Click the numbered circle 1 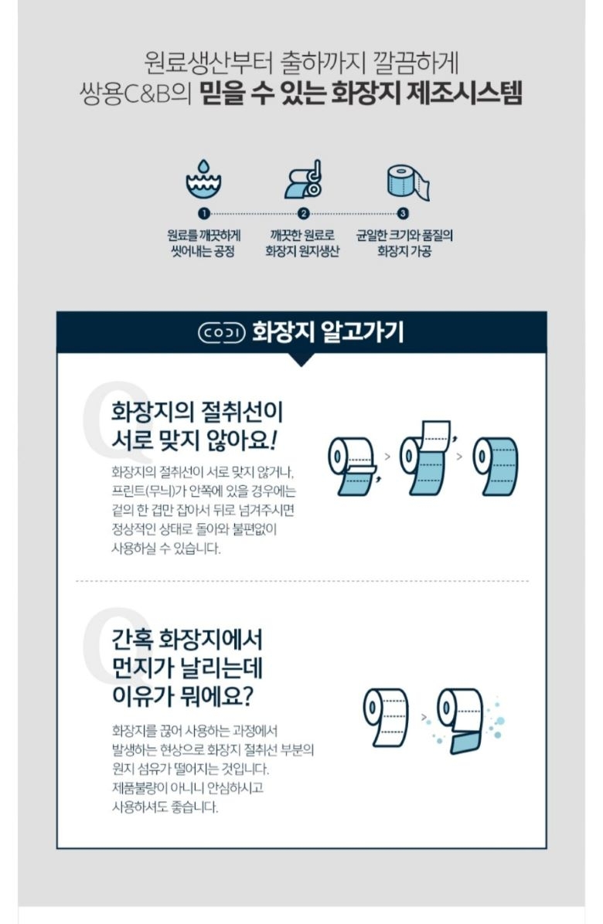(203, 213)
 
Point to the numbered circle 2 (303, 213)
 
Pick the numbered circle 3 (404, 213)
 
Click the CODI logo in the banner (222, 332)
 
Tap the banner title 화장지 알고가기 (327, 332)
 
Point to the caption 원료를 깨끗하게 (203, 236)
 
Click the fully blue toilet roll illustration (496, 466)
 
